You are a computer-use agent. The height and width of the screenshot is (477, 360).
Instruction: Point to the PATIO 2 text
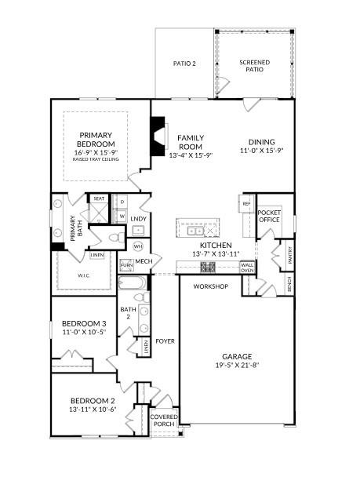click(x=184, y=63)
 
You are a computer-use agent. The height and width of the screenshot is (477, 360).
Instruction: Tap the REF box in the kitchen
click(x=245, y=205)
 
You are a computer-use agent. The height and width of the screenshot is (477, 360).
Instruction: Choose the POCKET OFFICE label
click(x=270, y=216)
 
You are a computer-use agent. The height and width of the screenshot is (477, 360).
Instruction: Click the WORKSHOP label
click(x=210, y=286)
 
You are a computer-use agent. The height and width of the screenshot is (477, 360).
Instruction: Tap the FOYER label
click(x=165, y=341)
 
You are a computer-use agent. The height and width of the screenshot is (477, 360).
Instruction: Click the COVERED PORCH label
click(x=165, y=421)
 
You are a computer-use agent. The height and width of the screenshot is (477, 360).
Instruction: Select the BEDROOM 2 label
click(x=93, y=400)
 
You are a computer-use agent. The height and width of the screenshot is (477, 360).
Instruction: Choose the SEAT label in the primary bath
click(x=99, y=199)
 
